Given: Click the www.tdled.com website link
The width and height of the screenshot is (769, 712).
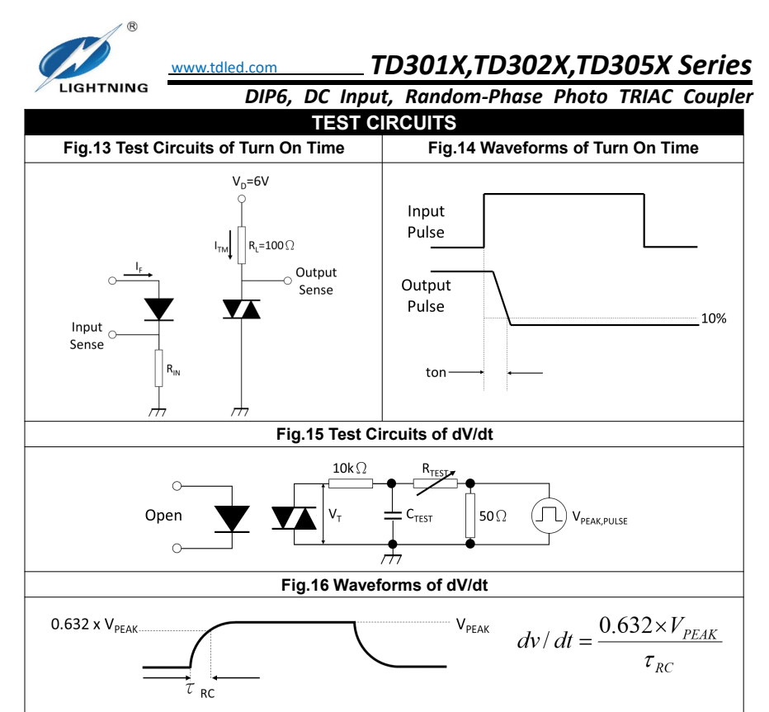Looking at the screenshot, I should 224,68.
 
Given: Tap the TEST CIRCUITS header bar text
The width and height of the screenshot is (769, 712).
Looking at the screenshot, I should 384,124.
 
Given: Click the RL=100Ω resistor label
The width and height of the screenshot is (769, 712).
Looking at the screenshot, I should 272,245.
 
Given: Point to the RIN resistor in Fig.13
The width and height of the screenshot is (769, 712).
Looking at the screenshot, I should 158,368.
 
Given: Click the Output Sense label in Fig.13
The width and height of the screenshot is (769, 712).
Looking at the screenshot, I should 316,281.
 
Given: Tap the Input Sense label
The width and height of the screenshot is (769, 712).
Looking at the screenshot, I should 87,336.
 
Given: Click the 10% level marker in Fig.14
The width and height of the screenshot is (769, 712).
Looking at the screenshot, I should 713,318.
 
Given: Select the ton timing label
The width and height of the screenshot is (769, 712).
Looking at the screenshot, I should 435,372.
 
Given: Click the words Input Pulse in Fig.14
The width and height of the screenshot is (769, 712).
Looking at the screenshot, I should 426,222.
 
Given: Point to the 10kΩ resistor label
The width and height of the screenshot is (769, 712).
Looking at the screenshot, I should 350,468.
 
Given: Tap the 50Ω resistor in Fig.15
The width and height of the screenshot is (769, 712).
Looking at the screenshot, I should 472,515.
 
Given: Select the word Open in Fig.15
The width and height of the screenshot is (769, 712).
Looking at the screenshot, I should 163,516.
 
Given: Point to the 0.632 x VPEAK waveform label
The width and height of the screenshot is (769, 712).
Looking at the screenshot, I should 94,625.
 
